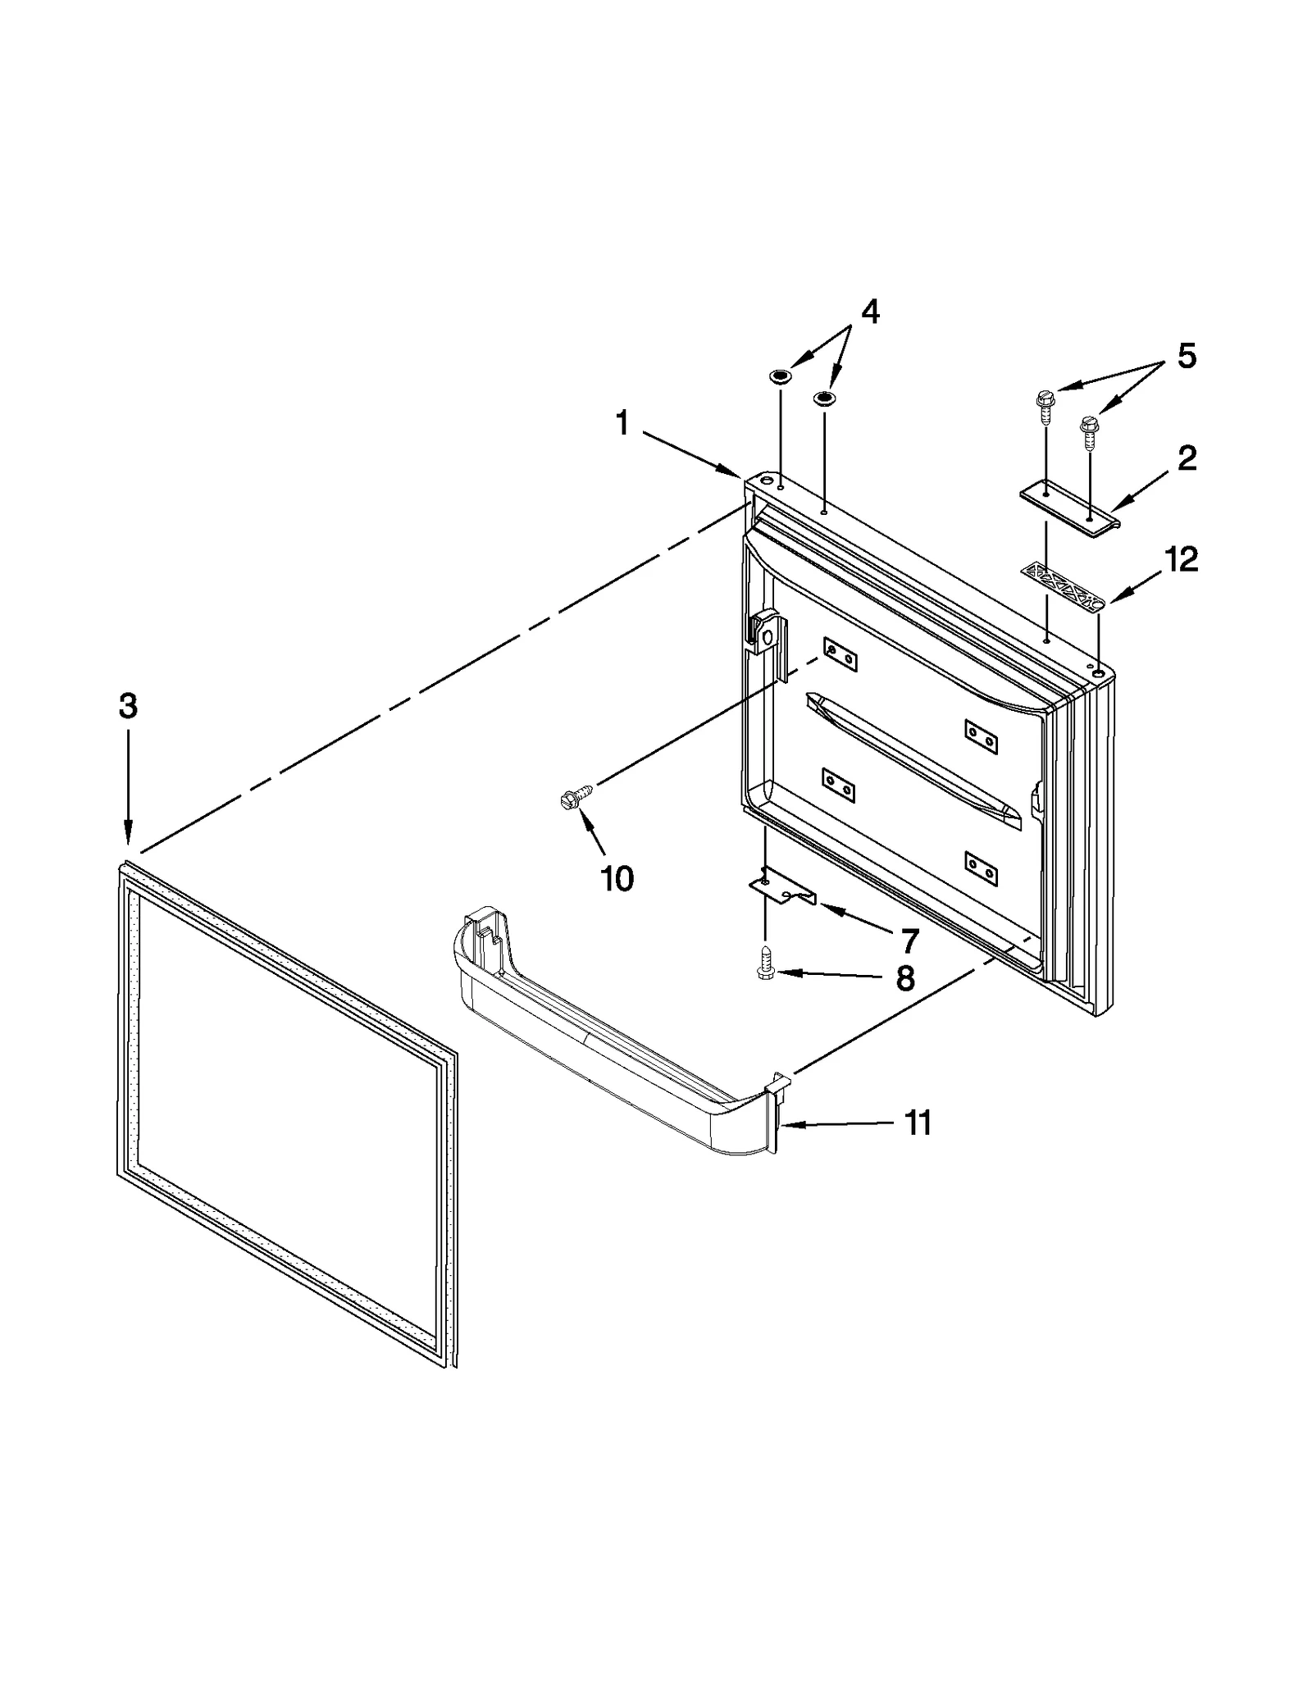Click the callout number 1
tap(622, 424)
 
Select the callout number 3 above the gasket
tap(128, 706)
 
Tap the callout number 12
tap(1181, 559)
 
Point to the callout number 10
tap(617, 879)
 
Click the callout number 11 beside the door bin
tap(917, 1123)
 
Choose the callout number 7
tap(909, 940)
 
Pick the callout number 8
tap(905, 977)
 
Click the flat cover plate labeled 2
tap(1070, 505)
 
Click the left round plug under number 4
tap(780, 377)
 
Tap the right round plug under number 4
tap(823, 399)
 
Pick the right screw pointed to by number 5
tap(1089, 430)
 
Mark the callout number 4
tap(869, 312)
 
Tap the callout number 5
tap(1187, 356)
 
